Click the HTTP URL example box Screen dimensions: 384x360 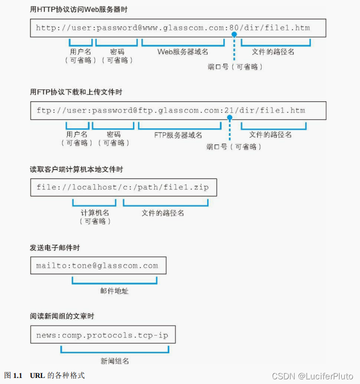click(x=178, y=28)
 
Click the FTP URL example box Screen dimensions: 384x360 click(x=178, y=111)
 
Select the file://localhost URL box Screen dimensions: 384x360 click(x=123, y=188)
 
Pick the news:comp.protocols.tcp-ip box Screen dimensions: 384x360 click(x=103, y=336)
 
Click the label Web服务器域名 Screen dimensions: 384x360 click(x=182, y=52)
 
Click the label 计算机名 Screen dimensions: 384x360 click(x=95, y=213)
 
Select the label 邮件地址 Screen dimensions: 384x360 click(x=114, y=291)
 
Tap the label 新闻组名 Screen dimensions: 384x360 click(x=115, y=361)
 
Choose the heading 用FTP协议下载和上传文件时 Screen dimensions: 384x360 click(x=76, y=92)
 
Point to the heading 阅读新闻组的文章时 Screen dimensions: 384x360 click(x=62, y=316)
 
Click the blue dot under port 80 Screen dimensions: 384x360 click(x=234, y=35)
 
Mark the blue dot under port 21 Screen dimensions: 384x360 click(x=229, y=118)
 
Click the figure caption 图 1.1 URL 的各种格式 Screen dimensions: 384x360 click(x=45, y=375)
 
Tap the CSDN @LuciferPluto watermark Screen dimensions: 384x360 click(x=312, y=376)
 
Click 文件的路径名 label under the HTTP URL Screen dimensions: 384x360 click(x=273, y=52)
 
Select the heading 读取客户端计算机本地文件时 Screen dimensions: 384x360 click(x=76, y=169)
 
